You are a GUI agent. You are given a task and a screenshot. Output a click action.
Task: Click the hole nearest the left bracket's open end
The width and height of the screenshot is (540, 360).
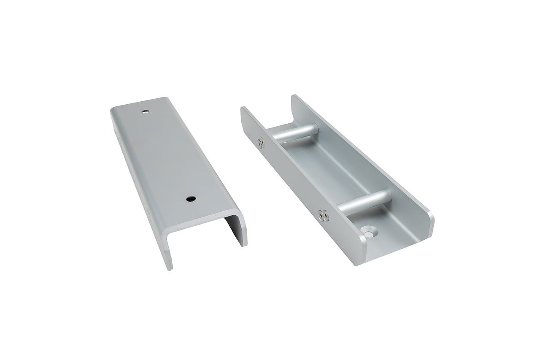(x=191, y=198)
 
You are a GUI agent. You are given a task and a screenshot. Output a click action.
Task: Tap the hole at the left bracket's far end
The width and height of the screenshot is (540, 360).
(x=145, y=112)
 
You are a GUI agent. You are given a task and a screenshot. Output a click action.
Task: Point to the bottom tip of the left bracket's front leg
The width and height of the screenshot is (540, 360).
(x=170, y=267)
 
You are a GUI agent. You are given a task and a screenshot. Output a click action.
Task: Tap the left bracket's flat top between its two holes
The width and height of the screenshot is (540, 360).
(x=169, y=156)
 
